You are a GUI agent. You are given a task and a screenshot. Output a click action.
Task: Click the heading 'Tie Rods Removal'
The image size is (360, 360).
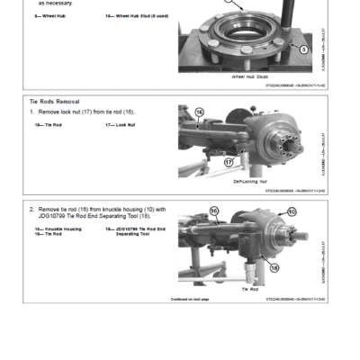point(51,103)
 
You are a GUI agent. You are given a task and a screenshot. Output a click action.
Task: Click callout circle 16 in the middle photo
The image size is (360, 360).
point(199,112)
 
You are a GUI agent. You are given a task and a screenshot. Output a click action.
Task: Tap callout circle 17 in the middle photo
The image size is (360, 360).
point(229,162)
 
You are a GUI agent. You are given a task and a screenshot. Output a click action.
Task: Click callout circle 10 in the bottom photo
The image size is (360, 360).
point(292,211)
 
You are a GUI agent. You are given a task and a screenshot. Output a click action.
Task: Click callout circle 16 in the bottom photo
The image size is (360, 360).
point(214,211)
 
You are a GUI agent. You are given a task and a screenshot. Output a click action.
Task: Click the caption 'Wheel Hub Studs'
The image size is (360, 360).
point(250,77)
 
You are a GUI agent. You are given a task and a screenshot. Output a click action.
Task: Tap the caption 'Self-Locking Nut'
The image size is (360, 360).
point(250,180)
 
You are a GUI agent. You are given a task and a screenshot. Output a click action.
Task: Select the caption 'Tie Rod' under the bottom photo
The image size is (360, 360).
point(250,290)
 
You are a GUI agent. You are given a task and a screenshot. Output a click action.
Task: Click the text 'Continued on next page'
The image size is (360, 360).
point(190,299)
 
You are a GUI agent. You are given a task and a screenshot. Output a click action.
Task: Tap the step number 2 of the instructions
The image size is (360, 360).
point(31,208)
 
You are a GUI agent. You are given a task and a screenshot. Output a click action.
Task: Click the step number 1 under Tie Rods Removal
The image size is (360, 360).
point(31,112)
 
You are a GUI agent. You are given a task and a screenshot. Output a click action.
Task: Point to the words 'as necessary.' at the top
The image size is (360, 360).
point(55,4)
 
